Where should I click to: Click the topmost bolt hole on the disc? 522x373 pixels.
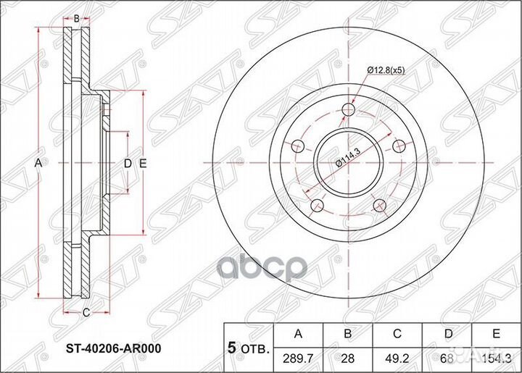(349, 109)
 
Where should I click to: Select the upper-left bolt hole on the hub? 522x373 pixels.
(296, 146)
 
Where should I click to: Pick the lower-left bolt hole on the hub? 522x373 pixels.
(316, 206)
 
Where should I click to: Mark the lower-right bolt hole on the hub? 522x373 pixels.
(379, 206)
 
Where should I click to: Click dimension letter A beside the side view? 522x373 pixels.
(38, 164)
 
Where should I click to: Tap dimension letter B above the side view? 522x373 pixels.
(75, 17)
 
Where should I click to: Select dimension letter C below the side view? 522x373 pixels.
(85, 313)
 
